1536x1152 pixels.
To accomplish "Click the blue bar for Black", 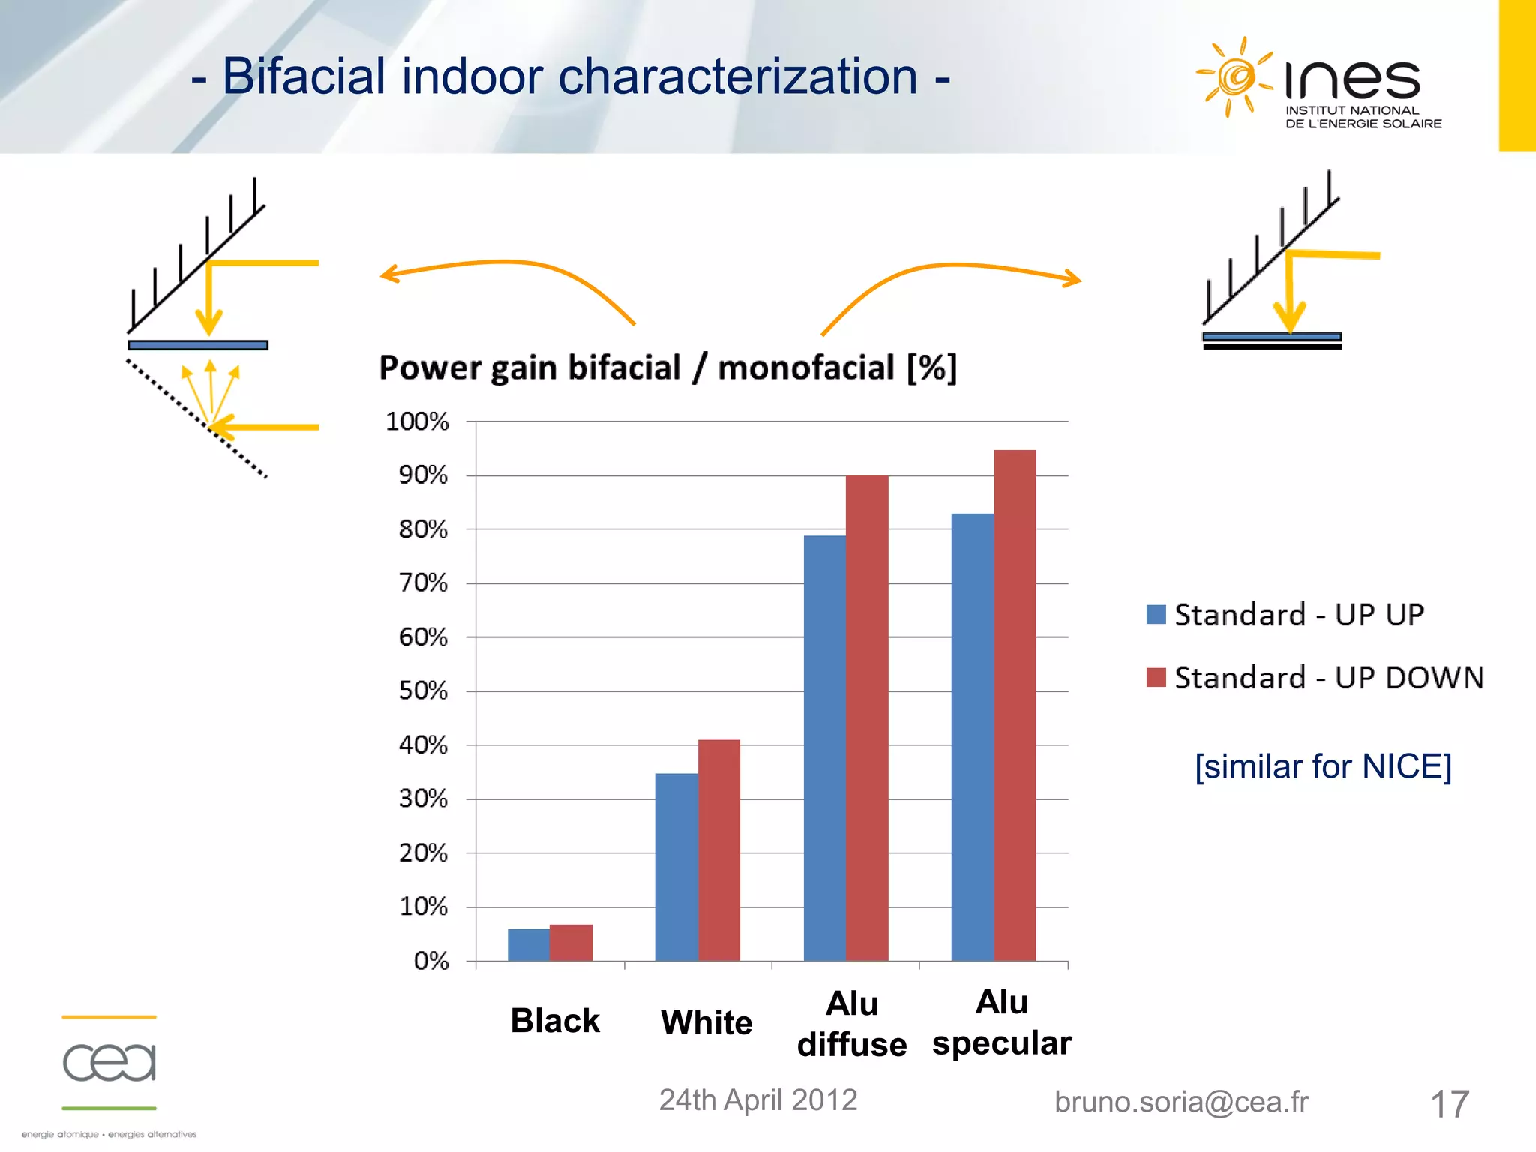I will [529, 944].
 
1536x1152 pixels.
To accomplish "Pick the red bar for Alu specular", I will [1015, 705].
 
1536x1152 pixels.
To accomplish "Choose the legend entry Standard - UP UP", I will [1285, 615].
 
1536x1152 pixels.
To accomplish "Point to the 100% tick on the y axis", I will [417, 421].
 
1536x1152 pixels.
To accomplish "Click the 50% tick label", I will [423, 691].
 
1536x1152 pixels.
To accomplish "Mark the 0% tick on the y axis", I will [431, 961].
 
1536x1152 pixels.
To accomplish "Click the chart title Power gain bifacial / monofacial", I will [667, 367].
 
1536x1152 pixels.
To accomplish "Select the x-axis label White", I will [706, 1022].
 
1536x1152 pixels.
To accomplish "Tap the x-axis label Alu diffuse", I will [852, 1024].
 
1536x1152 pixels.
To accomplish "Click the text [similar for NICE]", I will [1323, 766].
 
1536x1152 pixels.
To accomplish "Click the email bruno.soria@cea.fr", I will [1181, 1102].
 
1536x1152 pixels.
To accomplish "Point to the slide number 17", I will [1449, 1104].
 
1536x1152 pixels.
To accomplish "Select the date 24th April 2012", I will [757, 1099].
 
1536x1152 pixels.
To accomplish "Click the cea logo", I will [109, 1063].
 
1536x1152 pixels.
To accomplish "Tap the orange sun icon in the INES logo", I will [1233, 77].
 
